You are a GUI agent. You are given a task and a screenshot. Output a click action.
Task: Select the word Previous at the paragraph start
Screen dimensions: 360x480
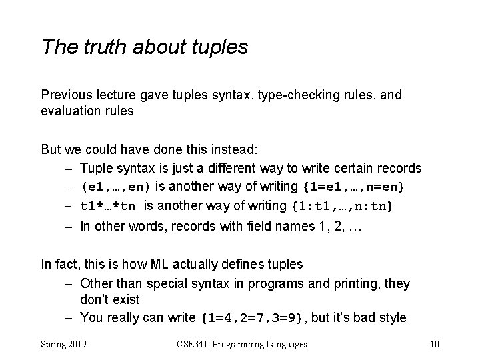pos(65,95)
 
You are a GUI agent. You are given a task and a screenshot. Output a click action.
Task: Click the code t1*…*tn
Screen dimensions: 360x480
pos(109,206)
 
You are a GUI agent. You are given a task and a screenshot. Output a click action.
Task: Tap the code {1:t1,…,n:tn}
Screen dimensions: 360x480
pos(342,206)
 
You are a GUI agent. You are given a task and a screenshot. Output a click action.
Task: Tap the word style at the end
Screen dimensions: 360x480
pos(391,317)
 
